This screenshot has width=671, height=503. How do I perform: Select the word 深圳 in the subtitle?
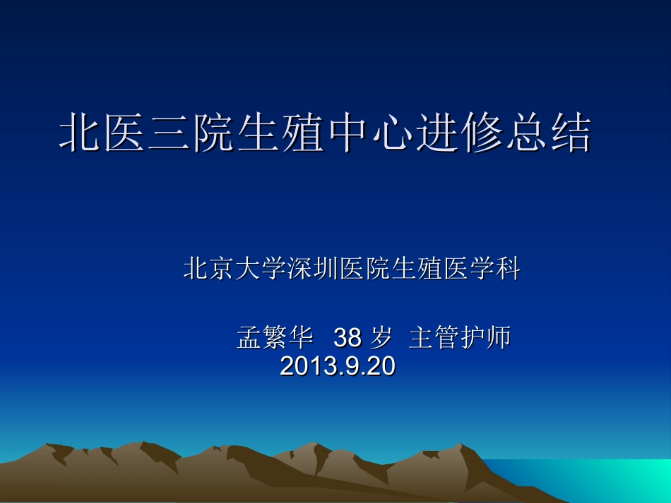coord(313,269)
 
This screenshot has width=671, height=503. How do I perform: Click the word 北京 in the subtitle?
coord(210,269)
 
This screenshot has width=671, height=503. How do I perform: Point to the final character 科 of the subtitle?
coord(508,269)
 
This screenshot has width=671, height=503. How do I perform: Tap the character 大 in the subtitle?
coord(248,269)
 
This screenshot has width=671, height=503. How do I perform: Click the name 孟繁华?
coord(275,339)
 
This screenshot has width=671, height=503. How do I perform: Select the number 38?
coord(347,339)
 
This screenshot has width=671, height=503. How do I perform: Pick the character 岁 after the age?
coord(381,339)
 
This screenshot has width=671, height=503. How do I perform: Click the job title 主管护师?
coord(460,339)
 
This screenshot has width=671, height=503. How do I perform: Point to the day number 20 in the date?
coord(382,366)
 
